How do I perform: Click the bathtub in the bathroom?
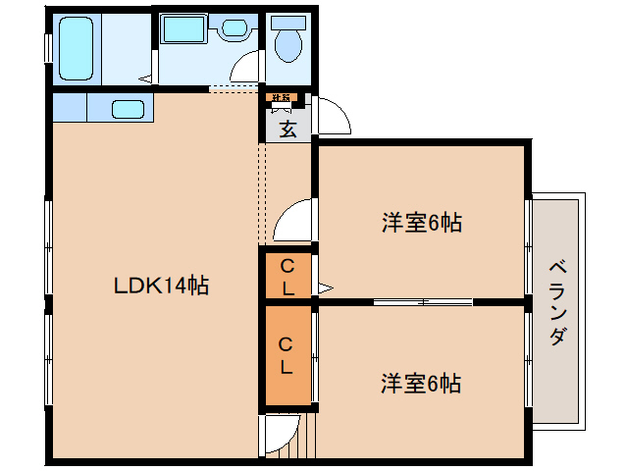pos(77,47)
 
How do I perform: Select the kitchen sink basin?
pos(129,108)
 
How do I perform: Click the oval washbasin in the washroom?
pos(235,28)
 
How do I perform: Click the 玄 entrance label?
pos(287,128)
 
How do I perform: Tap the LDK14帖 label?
pos(161,286)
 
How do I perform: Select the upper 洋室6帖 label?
pos(421,223)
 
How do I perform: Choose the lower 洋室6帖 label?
pos(421,383)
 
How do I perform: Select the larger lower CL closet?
pos(287,356)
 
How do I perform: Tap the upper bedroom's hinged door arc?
pos(293,220)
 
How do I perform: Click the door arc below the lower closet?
pos(279,433)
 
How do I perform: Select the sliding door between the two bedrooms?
pos(422,301)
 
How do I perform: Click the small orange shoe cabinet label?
pos(280,97)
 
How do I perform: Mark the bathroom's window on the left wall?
pos(46,47)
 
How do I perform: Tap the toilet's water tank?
pos(287,22)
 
